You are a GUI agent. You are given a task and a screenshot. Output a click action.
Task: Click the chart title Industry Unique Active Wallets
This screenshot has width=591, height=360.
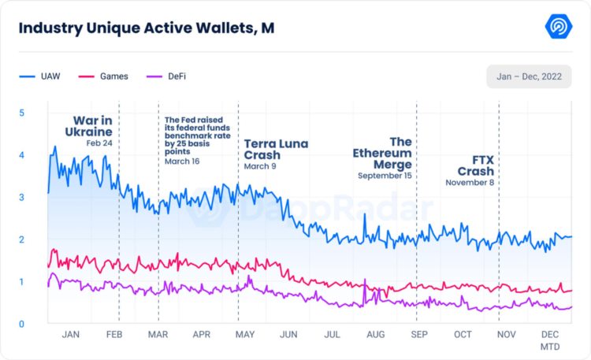147,28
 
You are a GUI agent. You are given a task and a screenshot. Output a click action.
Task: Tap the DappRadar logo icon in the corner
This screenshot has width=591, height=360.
559,27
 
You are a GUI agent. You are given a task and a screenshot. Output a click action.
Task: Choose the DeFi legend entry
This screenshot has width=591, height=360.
174,76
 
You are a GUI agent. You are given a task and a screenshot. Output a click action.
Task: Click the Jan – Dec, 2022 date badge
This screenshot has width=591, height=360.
529,76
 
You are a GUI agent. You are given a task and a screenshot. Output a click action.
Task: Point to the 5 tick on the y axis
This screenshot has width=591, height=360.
21,113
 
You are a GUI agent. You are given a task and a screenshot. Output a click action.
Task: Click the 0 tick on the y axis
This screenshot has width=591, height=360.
21,324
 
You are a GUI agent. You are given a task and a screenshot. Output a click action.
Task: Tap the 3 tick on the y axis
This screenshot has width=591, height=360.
21,197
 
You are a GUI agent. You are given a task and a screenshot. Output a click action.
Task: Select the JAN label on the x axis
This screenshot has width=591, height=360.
70,335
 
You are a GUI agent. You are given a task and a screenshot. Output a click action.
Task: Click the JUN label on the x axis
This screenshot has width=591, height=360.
288,335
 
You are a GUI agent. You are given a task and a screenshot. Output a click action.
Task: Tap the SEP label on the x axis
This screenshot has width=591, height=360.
419,335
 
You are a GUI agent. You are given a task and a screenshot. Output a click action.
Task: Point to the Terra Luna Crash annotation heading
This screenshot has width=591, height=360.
276,150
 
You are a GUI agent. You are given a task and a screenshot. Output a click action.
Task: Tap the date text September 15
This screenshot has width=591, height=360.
385,176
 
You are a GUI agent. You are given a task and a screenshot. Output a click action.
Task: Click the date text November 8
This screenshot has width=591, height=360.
470,183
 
